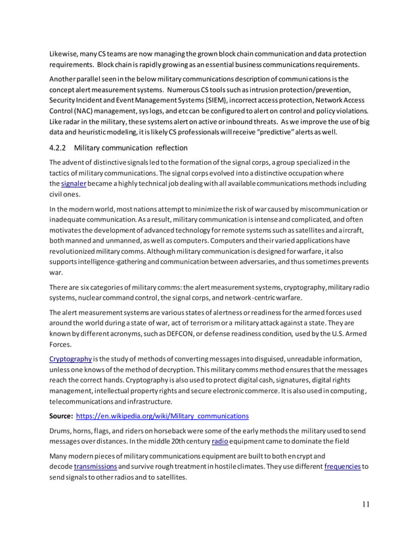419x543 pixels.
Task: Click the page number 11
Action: click(366, 504)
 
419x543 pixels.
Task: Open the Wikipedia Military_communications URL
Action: click(162, 415)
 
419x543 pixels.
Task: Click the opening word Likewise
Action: click(65, 53)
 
